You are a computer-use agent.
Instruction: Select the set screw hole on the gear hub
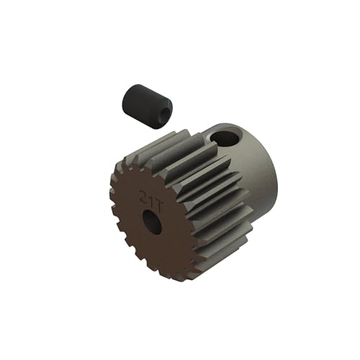coord(230,137)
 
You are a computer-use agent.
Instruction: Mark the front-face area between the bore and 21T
coord(150,209)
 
